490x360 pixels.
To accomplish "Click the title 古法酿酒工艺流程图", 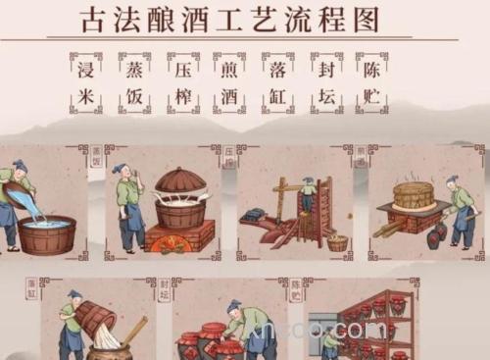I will click(x=229, y=19).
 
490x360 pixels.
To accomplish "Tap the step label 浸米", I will click(x=85, y=82).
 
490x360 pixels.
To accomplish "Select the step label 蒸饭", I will click(x=134, y=82).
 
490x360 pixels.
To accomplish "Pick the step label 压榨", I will click(x=182, y=82).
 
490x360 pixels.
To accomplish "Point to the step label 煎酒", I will click(x=229, y=82).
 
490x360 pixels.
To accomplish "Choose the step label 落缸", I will click(x=277, y=82).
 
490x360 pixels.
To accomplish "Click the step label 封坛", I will click(x=325, y=82).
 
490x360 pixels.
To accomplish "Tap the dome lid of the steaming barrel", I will click(x=181, y=181).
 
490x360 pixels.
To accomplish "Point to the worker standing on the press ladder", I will click(x=308, y=194).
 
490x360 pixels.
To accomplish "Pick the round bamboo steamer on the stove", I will click(x=414, y=194).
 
